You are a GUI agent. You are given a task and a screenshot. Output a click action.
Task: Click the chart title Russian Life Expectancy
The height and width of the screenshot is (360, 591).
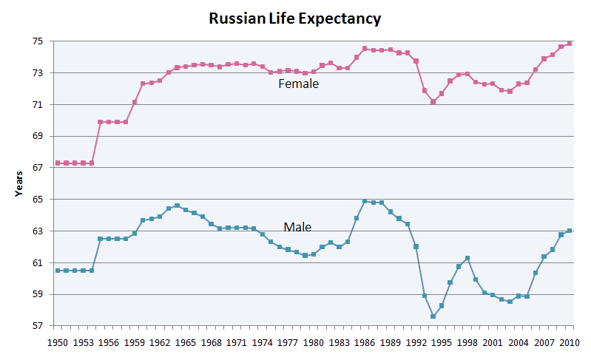point(295,18)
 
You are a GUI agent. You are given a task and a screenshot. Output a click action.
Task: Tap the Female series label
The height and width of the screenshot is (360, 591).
point(298,84)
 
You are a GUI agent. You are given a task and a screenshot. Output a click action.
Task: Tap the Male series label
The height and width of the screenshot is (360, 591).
point(297,227)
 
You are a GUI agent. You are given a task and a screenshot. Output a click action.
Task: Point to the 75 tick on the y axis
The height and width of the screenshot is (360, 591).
point(38,41)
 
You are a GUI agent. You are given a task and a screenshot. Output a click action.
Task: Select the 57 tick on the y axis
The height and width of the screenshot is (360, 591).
point(38,326)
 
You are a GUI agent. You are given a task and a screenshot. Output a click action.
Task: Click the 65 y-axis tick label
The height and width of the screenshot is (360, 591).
point(38,200)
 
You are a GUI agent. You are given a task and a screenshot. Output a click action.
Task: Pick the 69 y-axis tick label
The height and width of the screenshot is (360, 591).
point(38,137)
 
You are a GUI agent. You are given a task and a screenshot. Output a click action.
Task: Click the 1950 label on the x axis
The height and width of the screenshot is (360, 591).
point(58,343)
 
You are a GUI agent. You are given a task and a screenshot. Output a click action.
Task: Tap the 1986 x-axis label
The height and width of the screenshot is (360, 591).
point(365,343)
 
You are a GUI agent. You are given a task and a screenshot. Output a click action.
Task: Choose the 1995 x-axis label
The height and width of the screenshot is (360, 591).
point(442,343)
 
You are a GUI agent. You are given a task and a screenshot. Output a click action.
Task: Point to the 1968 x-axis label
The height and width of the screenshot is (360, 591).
point(212,343)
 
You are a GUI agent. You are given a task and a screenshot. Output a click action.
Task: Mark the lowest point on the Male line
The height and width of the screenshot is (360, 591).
point(433,316)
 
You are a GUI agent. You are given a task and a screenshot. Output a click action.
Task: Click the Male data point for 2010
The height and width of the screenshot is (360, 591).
point(570,231)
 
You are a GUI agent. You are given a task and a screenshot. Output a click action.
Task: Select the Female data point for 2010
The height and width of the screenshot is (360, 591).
point(570,43)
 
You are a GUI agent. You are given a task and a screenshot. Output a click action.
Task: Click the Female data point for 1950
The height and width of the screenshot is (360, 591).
point(58,163)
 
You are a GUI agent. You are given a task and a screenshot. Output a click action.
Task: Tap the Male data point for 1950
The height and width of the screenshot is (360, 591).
point(58,271)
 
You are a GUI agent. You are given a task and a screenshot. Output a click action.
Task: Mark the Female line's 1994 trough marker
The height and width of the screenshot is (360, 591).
point(433,102)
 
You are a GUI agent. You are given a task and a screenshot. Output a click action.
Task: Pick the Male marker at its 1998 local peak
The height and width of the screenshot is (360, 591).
point(467,258)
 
